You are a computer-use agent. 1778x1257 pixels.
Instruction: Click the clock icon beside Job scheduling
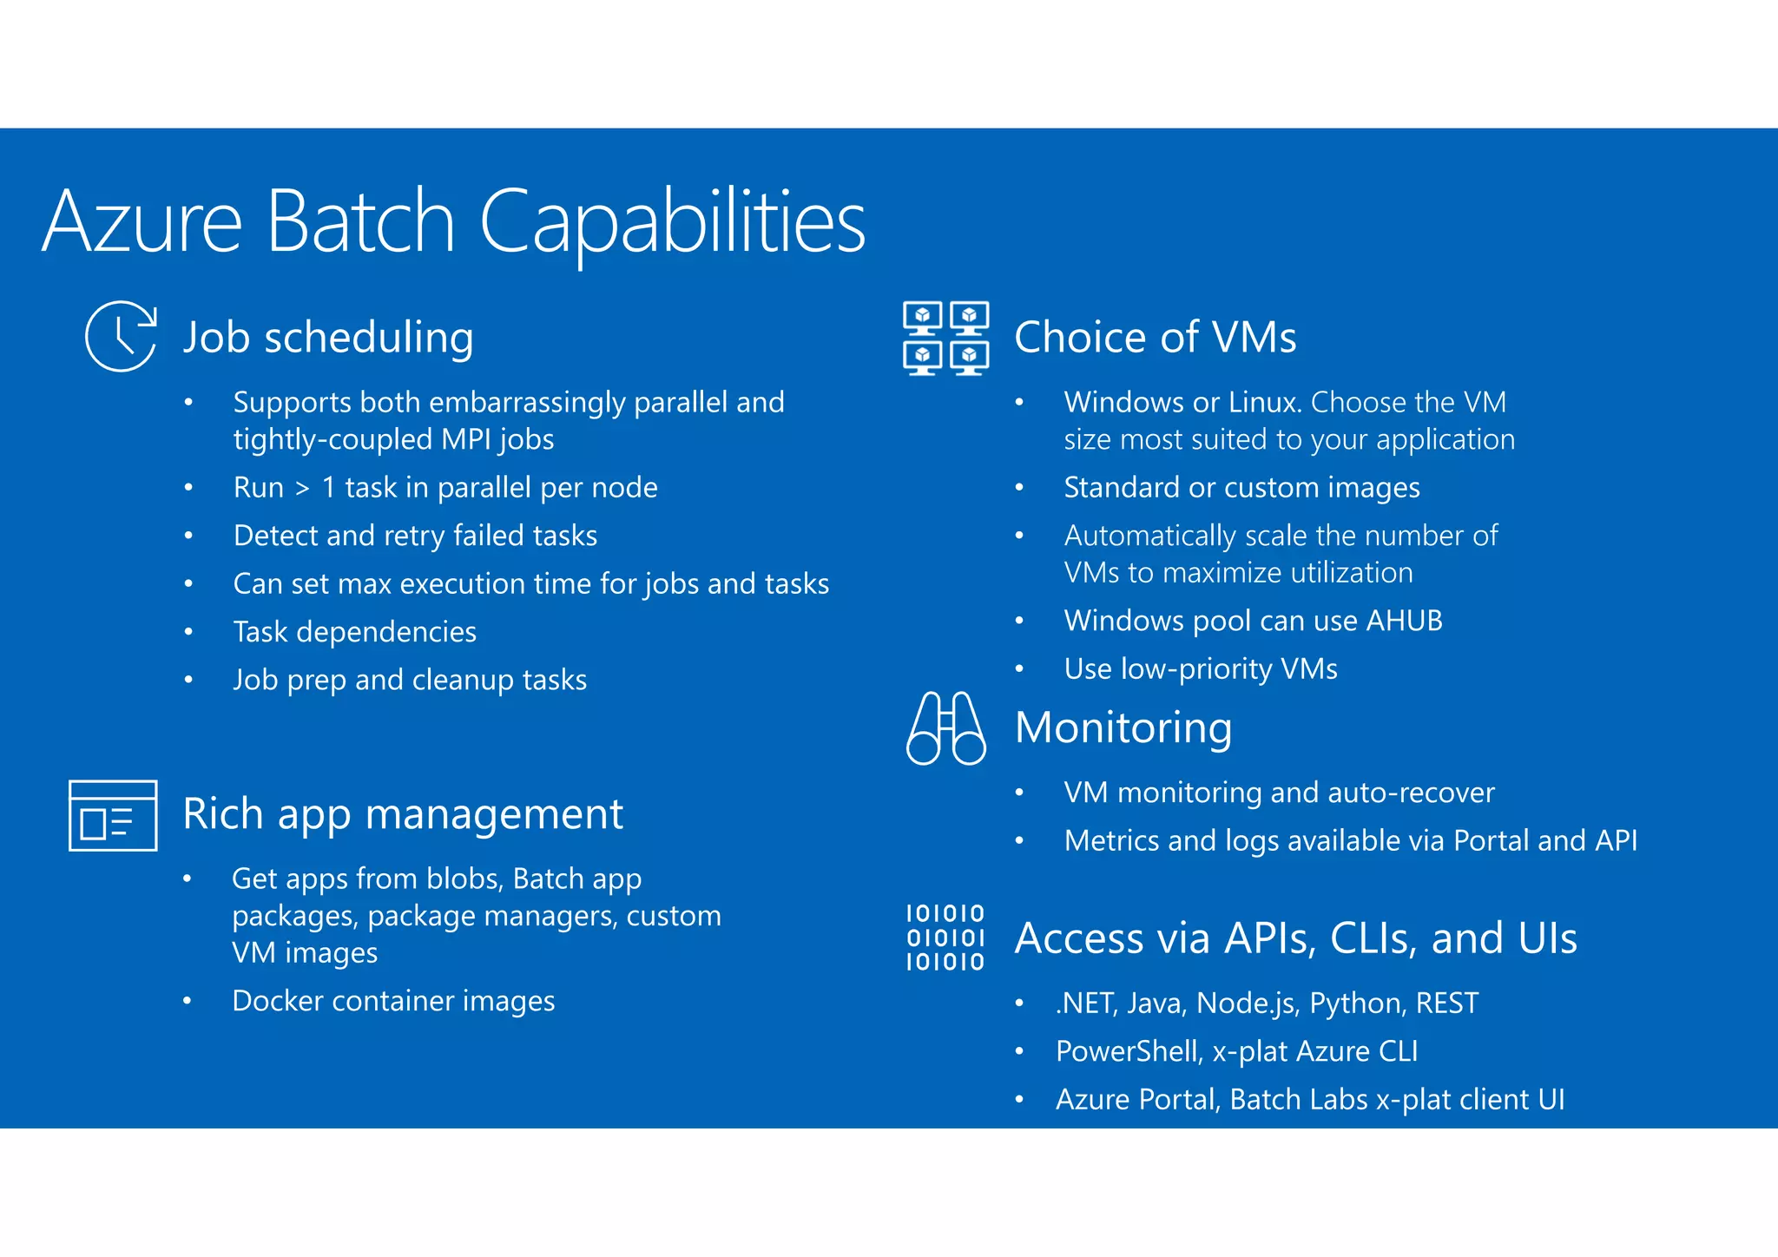(121, 337)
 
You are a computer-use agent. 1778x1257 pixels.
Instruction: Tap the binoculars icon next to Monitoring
(945, 728)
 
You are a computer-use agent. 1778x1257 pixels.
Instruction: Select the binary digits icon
(945, 938)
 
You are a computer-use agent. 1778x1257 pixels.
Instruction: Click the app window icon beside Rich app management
(113, 816)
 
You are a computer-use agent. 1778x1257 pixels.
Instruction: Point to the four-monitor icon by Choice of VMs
(945, 338)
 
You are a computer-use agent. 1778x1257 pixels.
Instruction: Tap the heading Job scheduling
(328, 338)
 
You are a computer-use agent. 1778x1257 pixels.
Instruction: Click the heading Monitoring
(1123, 727)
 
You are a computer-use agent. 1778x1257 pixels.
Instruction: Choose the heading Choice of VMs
(1155, 338)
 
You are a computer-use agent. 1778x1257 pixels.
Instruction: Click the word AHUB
(1404, 621)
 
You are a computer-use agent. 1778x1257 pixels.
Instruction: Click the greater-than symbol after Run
(302, 489)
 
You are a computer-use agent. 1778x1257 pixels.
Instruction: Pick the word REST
(1446, 1004)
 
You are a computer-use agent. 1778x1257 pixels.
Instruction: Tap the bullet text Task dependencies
(355, 632)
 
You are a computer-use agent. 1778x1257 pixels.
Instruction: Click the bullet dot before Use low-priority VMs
(1019, 669)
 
